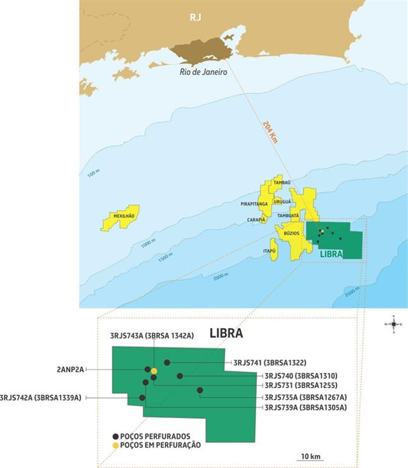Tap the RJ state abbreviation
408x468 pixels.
tap(195, 17)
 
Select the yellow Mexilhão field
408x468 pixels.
tap(121, 216)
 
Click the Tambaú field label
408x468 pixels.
tap(281, 183)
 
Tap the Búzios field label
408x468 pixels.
tap(291, 234)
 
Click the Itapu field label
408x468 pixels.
tap(269, 252)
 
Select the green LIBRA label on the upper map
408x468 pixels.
tap(331, 254)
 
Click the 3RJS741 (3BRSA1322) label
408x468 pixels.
tap(270, 363)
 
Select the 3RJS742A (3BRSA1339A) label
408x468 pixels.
tap(41, 398)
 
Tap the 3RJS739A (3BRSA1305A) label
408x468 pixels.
tap(305, 407)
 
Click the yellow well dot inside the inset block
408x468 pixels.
tap(154, 371)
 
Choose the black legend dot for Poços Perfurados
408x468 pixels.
tap(115, 436)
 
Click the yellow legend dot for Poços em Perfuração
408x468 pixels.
tap(115, 445)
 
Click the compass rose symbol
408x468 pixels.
tap(393, 324)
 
